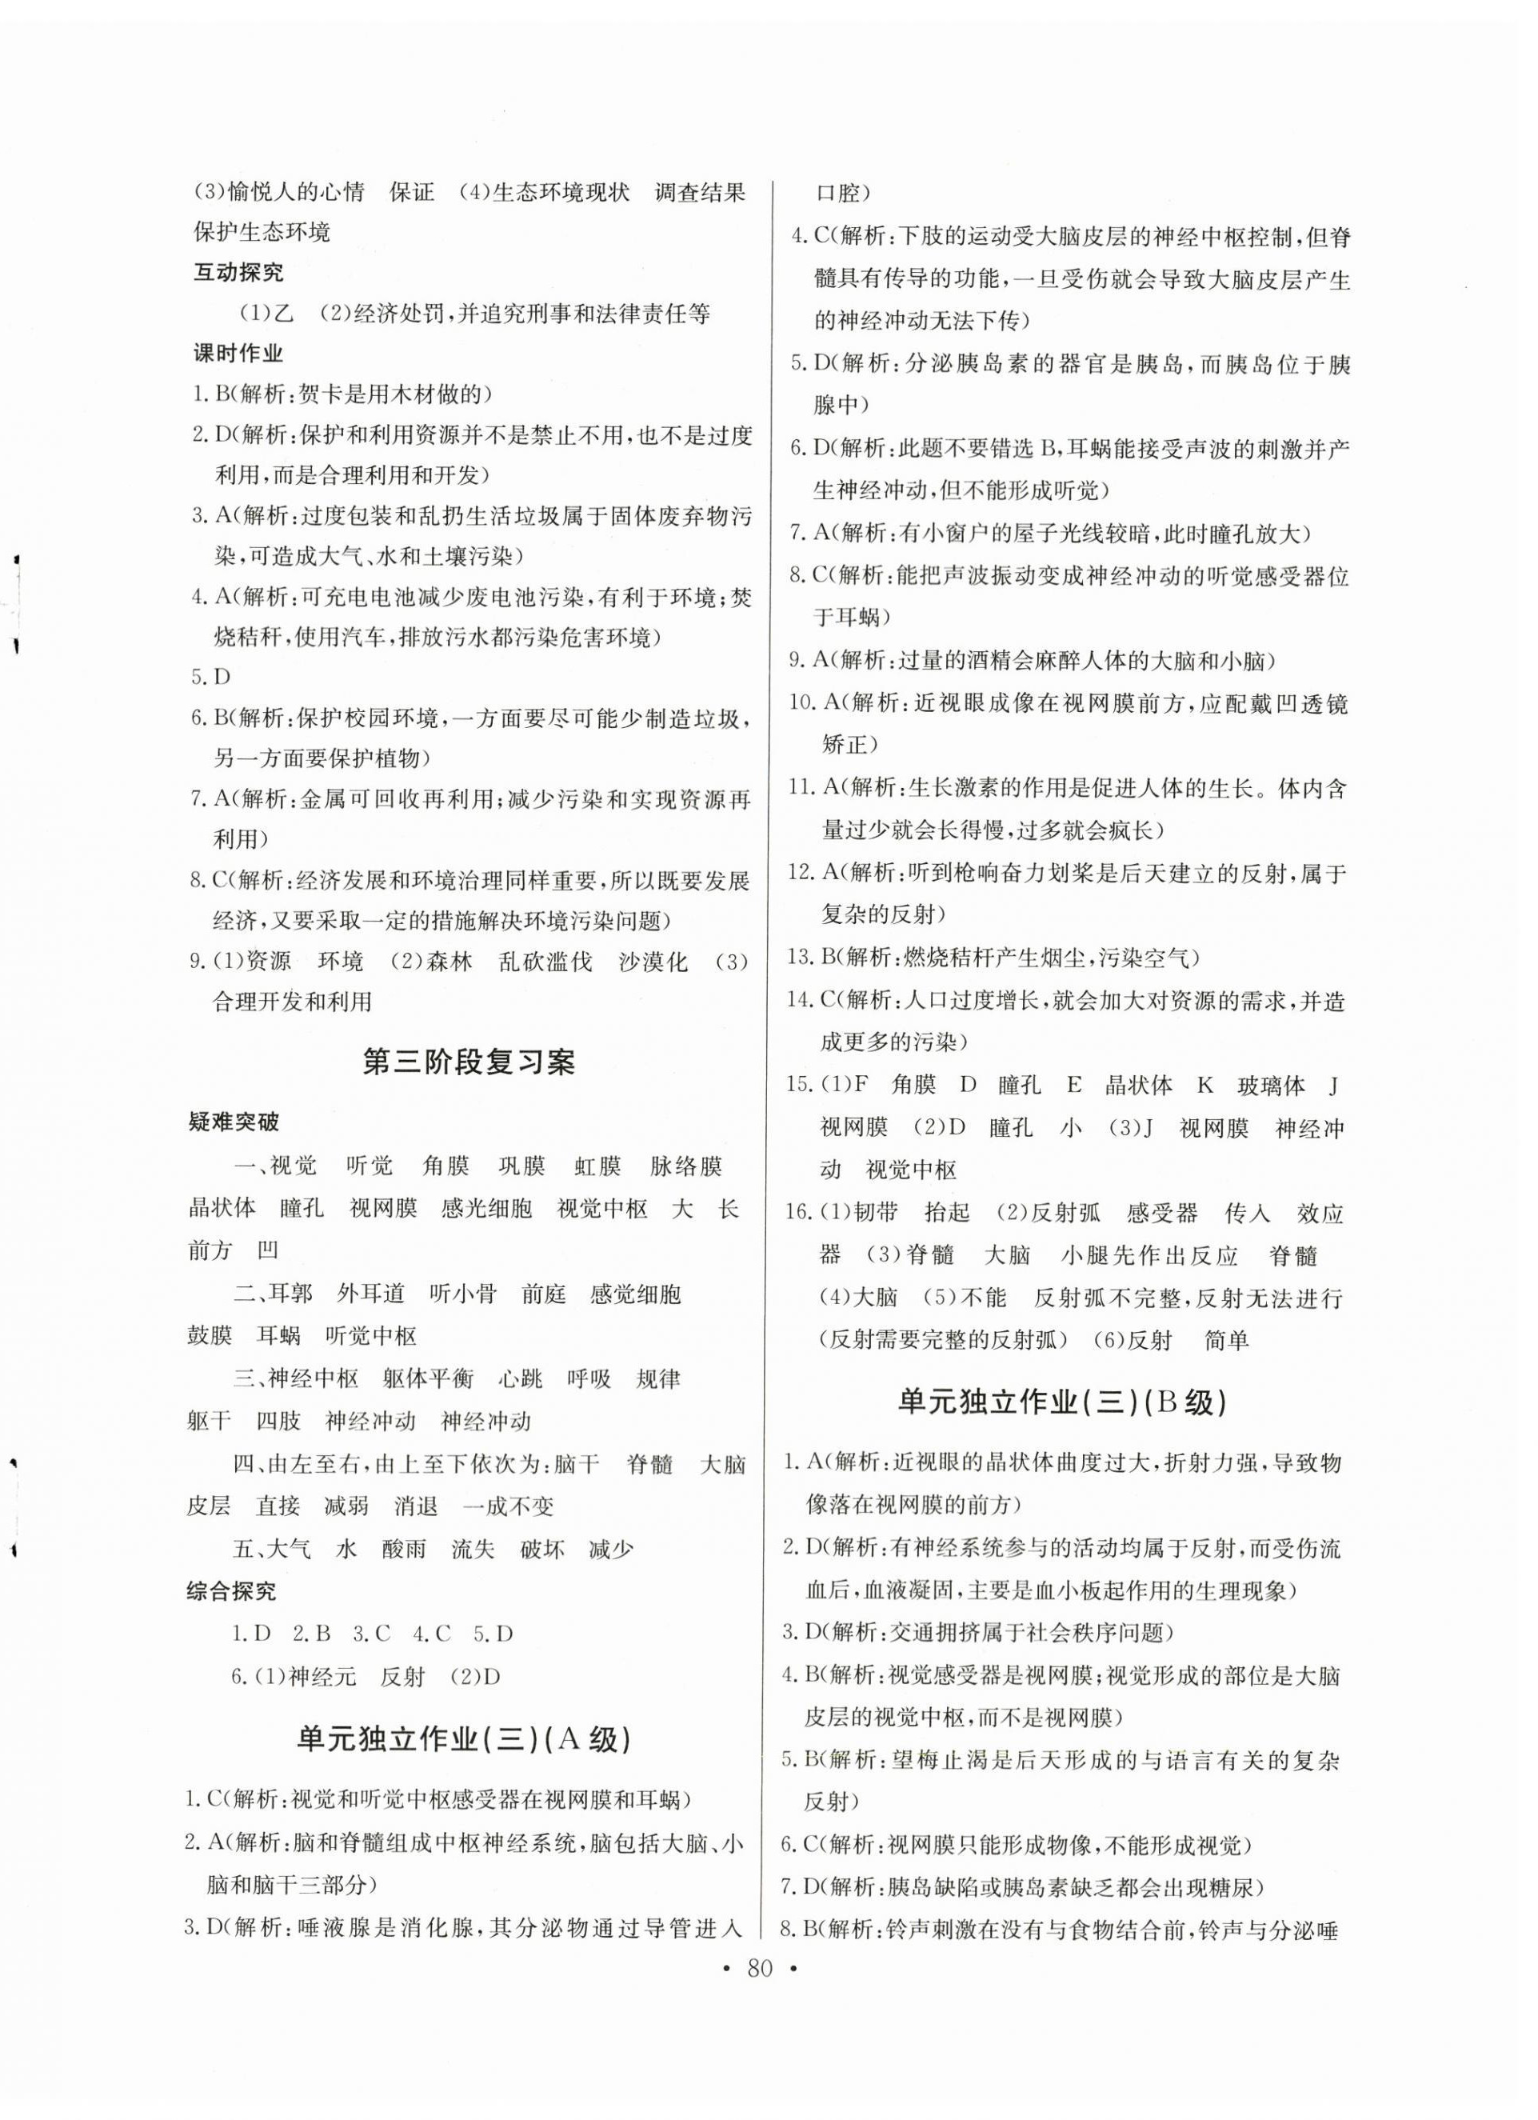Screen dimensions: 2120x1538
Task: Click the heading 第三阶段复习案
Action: click(x=469, y=1063)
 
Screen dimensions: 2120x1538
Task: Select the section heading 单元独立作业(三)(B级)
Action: click(x=1061, y=1403)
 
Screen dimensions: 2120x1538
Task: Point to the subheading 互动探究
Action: click(x=238, y=274)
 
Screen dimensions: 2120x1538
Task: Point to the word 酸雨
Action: click(x=404, y=1549)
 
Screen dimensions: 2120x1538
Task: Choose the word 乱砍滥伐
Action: click(x=545, y=962)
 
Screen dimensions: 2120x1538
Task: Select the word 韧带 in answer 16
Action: click(x=876, y=1214)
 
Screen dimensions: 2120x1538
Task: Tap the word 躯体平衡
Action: click(x=428, y=1378)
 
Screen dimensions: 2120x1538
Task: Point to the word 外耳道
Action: click(x=371, y=1294)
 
